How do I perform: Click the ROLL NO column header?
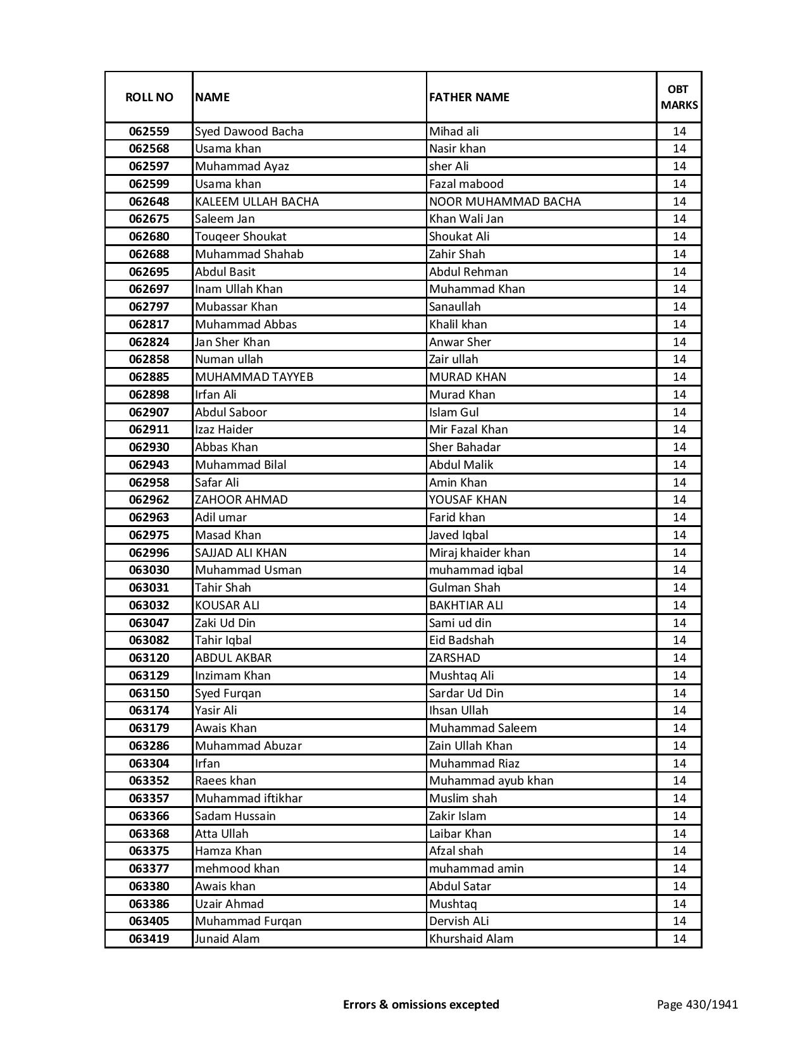tap(149, 97)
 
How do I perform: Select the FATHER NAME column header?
tap(469, 97)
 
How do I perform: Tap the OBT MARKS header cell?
tap(679, 97)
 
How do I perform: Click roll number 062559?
tap(149, 132)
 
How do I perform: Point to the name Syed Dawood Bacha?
tap(249, 132)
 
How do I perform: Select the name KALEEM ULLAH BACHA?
tap(256, 202)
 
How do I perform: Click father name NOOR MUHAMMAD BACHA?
tap(504, 202)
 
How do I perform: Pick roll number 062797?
tap(149, 307)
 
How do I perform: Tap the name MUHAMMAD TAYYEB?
tap(254, 377)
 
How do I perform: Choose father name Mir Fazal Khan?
tap(468, 430)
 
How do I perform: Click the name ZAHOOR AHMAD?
tap(241, 500)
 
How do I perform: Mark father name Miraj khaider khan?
tap(479, 553)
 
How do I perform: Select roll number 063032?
tap(149, 606)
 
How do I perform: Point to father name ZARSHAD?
tap(454, 658)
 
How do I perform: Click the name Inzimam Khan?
tap(232, 676)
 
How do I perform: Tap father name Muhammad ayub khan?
tap(491, 781)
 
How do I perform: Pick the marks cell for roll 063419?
tap(679, 939)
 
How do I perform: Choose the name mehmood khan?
tap(237, 869)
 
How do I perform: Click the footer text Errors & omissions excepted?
tap(421, 1004)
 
